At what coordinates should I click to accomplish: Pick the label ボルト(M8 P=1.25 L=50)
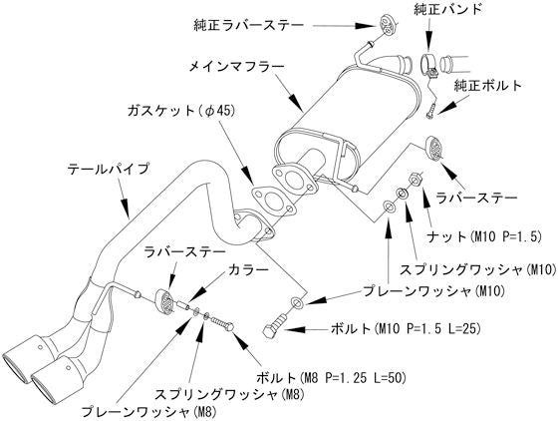point(340,379)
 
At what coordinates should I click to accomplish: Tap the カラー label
point(248,270)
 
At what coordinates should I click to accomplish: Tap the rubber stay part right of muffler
point(435,148)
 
